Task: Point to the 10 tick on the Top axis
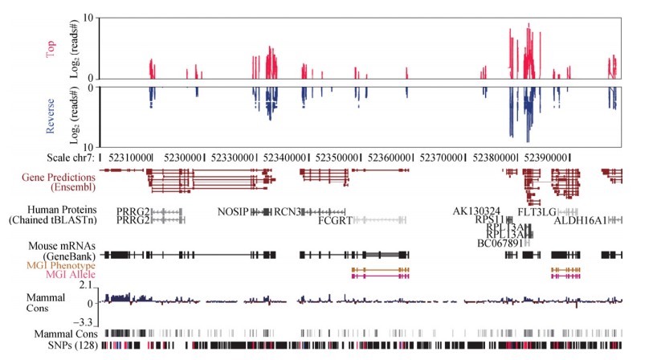[89, 17]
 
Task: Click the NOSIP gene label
[233, 212]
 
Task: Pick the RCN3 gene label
[287, 212]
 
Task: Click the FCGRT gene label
[335, 220]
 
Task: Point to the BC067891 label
[500, 243]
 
